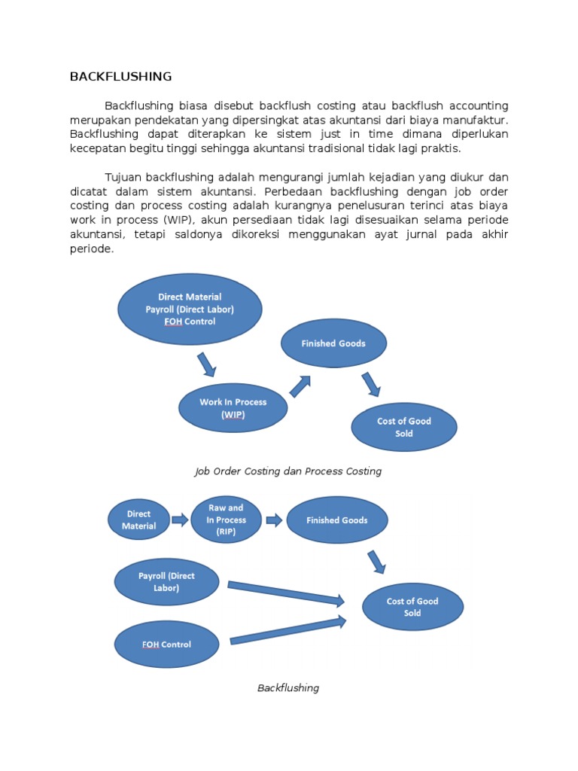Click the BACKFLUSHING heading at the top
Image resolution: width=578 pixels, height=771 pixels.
click(x=120, y=76)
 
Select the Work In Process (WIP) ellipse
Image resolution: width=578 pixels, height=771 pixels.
click(x=233, y=408)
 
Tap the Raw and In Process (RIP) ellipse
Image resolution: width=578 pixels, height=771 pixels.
click(x=226, y=520)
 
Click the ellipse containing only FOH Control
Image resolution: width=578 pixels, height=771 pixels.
click(x=166, y=645)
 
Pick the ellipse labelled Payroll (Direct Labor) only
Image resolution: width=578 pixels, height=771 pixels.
click(x=166, y=582)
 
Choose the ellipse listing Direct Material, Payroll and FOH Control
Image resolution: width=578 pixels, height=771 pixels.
click(x=190, y=309)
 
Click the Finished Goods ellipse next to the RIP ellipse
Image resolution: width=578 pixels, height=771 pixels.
click(x=337, y=520)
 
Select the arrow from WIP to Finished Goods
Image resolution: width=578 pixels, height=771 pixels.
click(x=300, y=386)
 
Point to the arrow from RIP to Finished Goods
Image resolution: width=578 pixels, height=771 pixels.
click(x=274, y=520)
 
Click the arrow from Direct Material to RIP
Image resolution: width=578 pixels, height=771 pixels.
click(x=180, y=520)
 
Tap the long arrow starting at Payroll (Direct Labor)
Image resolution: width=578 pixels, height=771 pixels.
click(x=285, y=593)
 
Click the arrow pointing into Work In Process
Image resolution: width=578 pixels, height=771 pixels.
click(x=206, y=365)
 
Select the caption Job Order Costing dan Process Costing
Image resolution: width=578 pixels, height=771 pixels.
click(x=288, y=471)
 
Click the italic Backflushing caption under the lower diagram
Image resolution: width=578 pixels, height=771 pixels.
click(x=288, y=687)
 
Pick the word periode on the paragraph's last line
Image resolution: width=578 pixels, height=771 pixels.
click(x=91, y=249)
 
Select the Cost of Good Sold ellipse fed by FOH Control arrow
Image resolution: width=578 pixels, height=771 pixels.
click(x=412, y=607)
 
